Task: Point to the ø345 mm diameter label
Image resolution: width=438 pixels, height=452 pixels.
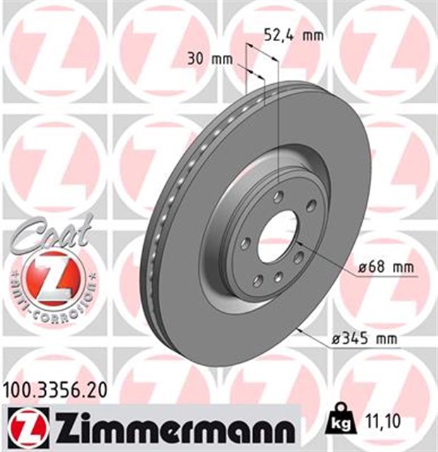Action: [x=363, y=340]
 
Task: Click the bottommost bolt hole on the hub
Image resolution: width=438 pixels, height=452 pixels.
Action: [x=277, y=275]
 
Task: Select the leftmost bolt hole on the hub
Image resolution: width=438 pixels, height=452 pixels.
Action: [x=245, y=243]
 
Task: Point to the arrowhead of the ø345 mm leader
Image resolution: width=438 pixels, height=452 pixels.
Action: [x=300, y=328]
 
